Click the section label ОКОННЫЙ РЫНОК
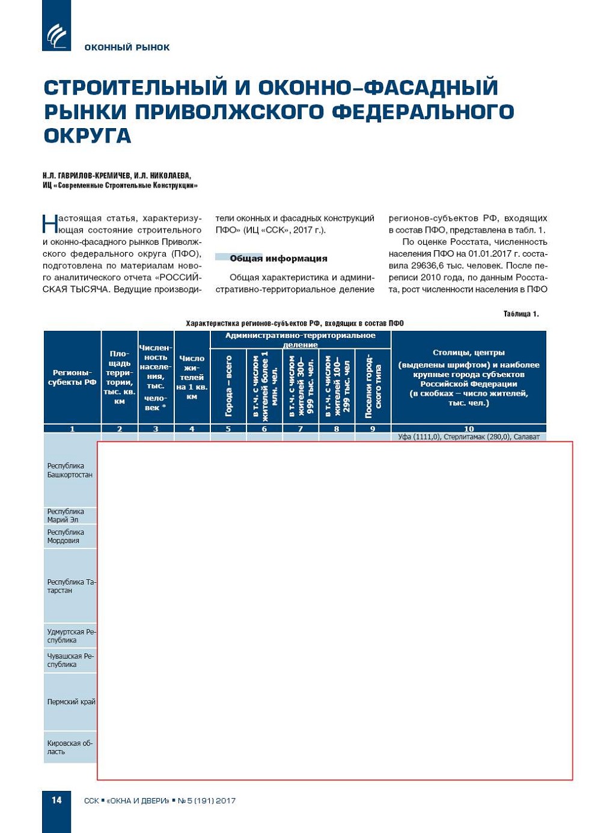point(127,48)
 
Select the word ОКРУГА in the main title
point(87,136)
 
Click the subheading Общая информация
point(278,259)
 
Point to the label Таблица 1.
point(520,314)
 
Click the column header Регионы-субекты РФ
point(72,378)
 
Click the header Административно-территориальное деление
point(301,340)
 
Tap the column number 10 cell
point(469,429)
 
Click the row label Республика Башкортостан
point(70,470)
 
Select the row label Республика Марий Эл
point(66,515)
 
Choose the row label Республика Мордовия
point(66,536)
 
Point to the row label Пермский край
point(71,702)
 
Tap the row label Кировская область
point(70,748)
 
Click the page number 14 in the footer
point(56,800)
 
